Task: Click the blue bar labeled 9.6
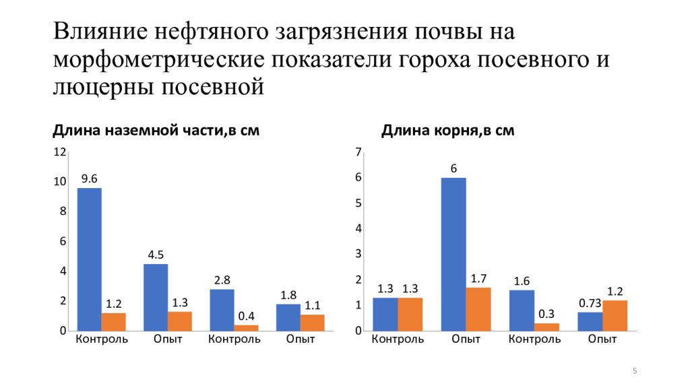90,259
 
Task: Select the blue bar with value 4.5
156,297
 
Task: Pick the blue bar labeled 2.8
222,310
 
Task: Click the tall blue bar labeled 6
453,254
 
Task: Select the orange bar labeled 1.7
478,309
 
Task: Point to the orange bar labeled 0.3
546,327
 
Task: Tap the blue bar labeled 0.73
590,321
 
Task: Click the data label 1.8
288,295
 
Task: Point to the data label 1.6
522,282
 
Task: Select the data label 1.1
313,306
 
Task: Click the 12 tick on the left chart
60,152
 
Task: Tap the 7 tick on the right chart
358,152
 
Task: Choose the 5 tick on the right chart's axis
358,203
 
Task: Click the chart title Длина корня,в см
448,131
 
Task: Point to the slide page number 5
635,371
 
